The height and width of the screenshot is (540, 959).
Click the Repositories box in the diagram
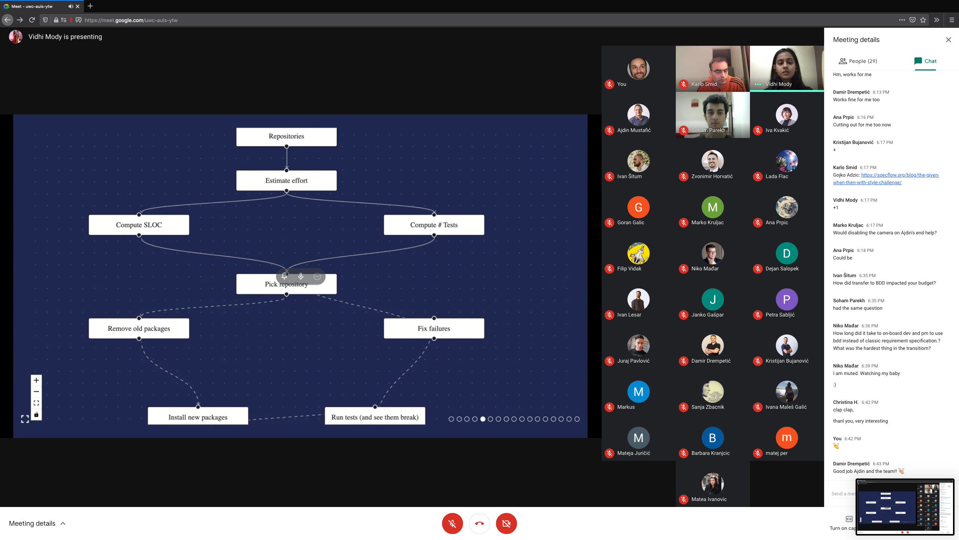286,136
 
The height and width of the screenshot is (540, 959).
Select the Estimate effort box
286,180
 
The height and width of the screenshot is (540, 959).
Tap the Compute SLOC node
139,225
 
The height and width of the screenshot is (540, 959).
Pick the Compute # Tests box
434,225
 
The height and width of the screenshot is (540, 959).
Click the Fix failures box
434,328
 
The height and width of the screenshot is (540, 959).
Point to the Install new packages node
198,416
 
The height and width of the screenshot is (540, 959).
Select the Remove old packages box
139,328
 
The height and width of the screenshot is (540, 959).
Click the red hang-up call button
479,523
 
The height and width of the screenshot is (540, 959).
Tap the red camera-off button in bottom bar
506,523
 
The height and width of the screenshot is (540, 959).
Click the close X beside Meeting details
949,40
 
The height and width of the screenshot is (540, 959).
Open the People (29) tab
858,61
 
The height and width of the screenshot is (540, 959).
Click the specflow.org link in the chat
886,179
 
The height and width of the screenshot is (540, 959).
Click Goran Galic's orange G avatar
638,207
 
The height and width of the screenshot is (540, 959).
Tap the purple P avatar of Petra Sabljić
787,299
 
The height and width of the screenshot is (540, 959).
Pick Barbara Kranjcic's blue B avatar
713,438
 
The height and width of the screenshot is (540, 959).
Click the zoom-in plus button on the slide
36,380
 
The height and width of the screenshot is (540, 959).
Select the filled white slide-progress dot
482,419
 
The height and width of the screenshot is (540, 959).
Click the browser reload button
32,20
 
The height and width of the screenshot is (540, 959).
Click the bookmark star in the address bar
923,20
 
